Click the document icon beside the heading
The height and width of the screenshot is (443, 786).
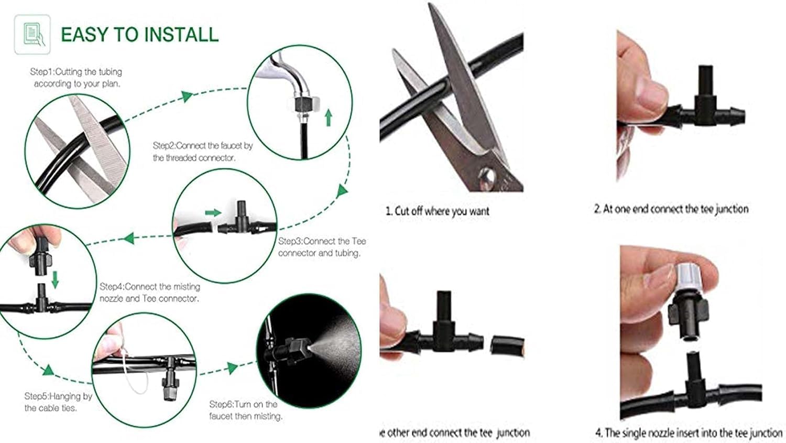[32, 35]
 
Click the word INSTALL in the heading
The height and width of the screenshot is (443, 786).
[181, 35]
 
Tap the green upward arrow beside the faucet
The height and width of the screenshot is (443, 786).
[329, 117]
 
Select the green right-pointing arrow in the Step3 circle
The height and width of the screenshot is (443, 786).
[213, 213]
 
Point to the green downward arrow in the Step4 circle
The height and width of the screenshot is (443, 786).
[55, 280]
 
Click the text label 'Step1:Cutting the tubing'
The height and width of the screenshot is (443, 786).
[76, 72]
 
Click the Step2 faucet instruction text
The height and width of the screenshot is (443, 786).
[203, 152]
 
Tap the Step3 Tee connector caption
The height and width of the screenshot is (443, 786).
[322, 247]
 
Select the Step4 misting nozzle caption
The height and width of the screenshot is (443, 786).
[150, 293]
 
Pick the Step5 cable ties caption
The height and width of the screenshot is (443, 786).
[58, 402]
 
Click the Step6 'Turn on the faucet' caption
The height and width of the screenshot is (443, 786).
[246, 410]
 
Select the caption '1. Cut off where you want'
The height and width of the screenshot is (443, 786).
[437, 211]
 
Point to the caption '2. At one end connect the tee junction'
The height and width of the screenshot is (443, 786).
[671, 209]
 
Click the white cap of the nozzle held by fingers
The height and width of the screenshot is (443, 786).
[688, 278]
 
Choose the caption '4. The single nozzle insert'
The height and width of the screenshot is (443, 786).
[689, 433]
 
